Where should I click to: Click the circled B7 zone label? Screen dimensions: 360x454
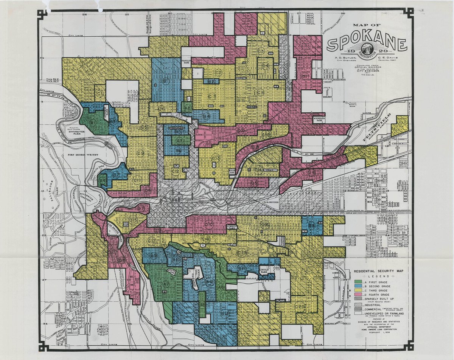[x=116, y=175]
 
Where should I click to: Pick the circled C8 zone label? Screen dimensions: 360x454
[x=261, y=93]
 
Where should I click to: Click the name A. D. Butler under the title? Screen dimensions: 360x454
[x=340, y=58]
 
